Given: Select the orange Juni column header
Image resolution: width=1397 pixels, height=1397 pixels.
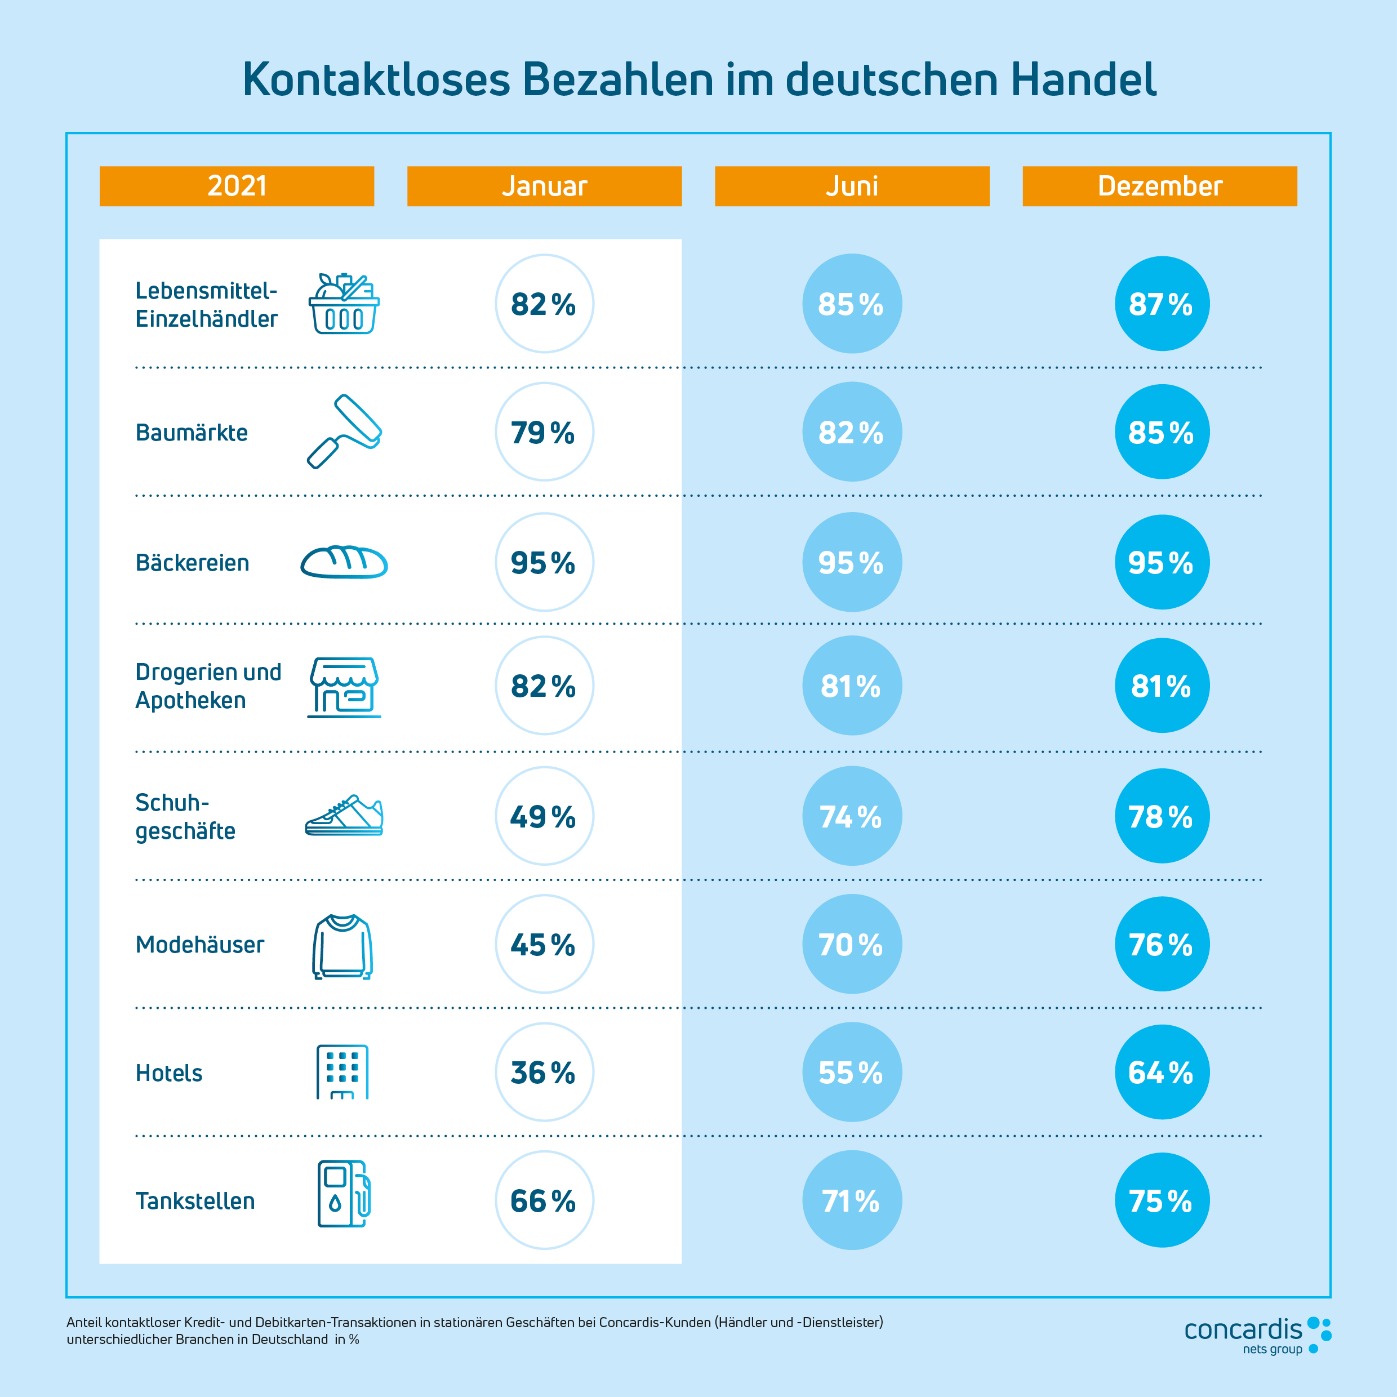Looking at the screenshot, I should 852,186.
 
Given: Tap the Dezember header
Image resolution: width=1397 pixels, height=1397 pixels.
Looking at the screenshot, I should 1159,186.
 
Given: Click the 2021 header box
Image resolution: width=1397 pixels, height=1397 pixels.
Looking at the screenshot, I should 237,186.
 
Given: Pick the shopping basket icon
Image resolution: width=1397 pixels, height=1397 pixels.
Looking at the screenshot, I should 344,304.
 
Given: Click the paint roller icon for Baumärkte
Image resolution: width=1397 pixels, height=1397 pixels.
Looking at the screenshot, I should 344,431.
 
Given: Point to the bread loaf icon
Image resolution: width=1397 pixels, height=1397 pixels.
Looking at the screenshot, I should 344,562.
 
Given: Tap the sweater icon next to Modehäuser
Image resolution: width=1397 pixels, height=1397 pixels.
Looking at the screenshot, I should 342,946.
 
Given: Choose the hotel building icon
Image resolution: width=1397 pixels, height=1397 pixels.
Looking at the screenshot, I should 342,1071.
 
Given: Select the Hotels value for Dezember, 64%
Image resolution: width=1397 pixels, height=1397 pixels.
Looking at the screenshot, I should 1162,1071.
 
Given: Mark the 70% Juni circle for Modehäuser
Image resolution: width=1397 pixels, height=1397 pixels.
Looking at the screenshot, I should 852,944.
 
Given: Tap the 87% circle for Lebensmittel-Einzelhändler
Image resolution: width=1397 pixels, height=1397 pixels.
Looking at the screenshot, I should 1162,304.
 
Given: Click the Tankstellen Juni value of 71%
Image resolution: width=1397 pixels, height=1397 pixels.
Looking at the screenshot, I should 852,1200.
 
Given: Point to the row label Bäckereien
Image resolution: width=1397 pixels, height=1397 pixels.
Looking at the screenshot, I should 192,563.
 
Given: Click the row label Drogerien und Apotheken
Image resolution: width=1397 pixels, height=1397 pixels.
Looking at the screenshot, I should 208,686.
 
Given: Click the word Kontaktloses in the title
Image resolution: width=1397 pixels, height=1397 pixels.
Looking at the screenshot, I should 376,79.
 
